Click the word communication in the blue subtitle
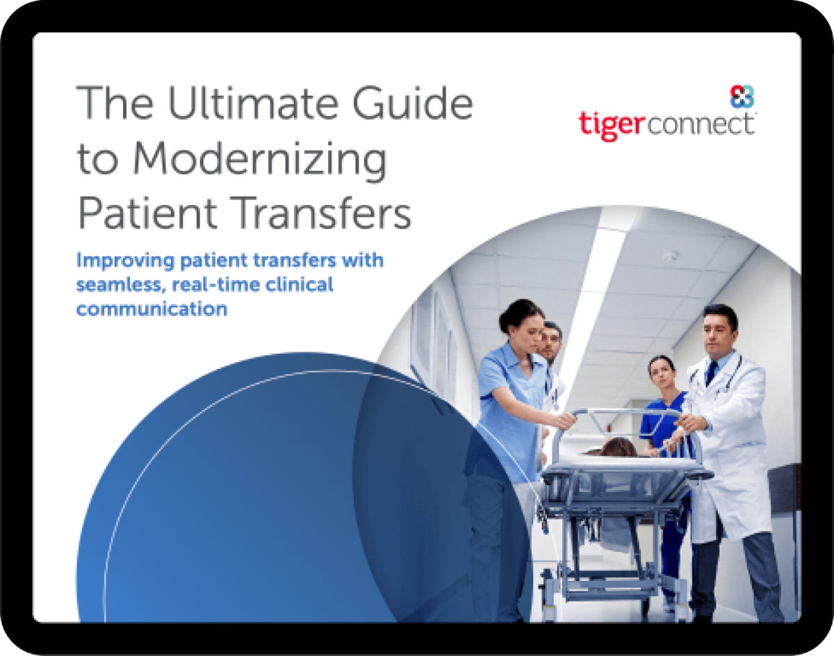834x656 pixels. click(x=152, y=308)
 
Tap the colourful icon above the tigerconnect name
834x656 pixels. click(x=742, y=97)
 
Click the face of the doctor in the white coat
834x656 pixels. click(x=718, y=333)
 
